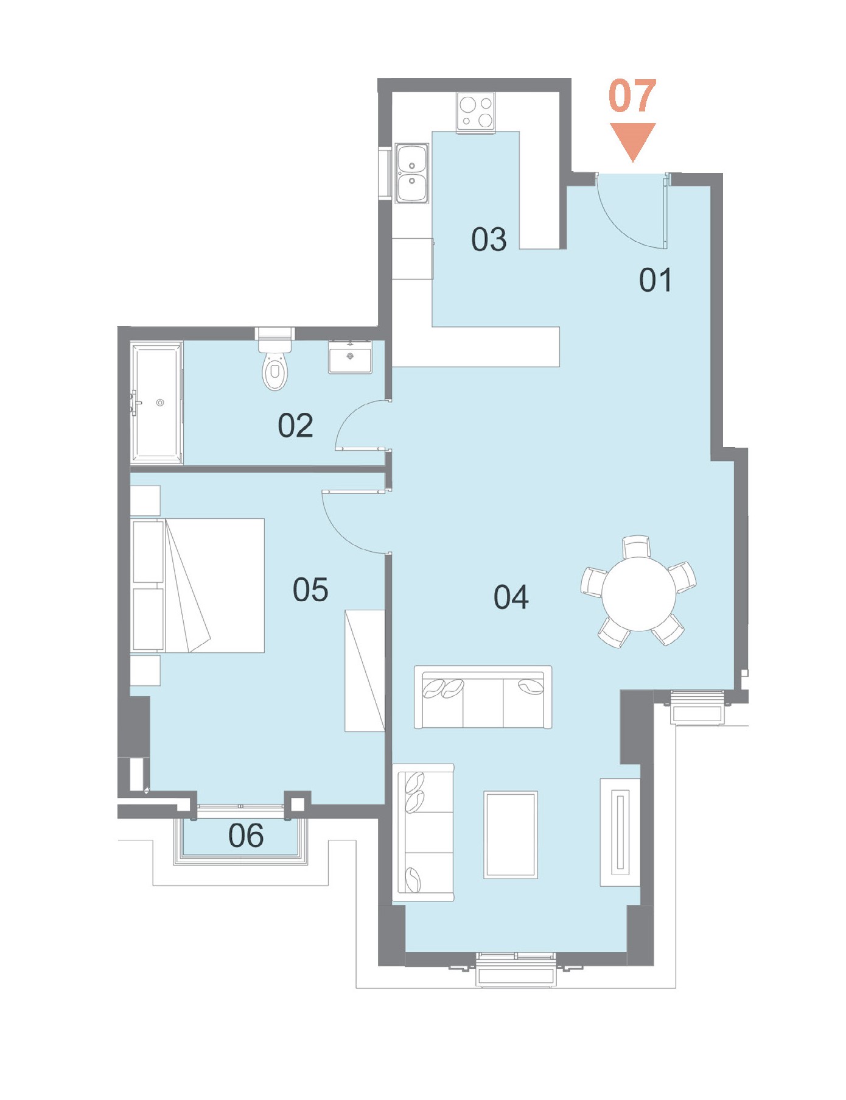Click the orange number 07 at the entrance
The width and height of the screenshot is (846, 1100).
click(632, 96)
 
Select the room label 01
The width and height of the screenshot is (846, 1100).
click(655, 280)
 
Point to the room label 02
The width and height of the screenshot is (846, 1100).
click(295, 425)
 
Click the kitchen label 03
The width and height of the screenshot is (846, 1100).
click(489, 239)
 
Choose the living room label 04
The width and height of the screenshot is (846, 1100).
click(511, 597)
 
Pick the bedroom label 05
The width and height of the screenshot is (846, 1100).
click(310, 590)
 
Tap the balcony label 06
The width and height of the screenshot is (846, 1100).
click(246, 835)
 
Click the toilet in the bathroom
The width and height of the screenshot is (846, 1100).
click(275, 359)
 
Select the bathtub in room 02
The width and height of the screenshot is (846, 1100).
click(157, 403)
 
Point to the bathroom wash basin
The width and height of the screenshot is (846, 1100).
click(351, 357)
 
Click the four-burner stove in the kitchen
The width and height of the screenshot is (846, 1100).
click(476, 112)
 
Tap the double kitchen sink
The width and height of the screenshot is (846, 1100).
click(412, 173)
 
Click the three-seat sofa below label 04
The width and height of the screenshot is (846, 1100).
click(483, 697)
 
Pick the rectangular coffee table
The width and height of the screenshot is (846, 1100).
click(511, 834)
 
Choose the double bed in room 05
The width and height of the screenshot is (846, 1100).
click(198, 585)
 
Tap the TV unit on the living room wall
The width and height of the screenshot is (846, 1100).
click(620, 832)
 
